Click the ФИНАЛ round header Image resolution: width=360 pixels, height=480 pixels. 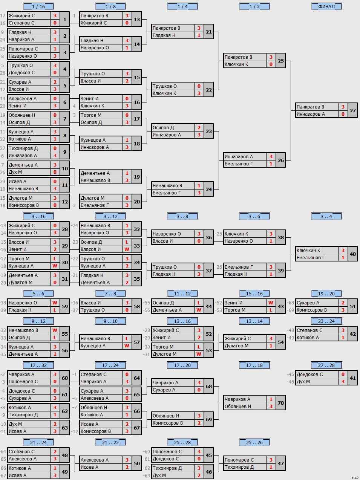coord(326,6)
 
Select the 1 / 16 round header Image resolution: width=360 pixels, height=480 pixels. coord(38,6)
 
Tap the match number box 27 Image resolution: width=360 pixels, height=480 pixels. coord(352,110)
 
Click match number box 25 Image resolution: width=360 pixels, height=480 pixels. coord(280,61)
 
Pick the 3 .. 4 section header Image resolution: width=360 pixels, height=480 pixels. coord(326,217)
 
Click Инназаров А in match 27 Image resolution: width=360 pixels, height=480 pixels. coord(311,114)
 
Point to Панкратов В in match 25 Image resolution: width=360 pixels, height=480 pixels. coord(238,57)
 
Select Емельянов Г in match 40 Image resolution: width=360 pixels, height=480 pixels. coord(311,258)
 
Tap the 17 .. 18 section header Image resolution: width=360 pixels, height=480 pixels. coord(254,365)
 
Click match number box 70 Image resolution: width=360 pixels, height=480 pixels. coord(280,403)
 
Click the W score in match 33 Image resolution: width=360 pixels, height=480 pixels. coord(127,249)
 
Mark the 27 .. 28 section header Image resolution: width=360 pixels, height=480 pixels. coord(326,365)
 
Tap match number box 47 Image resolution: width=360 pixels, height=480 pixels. coord(280,463)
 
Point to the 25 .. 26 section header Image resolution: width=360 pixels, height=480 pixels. coord(254,442)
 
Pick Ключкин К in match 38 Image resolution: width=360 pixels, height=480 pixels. coord(236,234)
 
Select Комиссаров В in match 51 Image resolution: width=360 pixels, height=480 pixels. coord(312,310)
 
